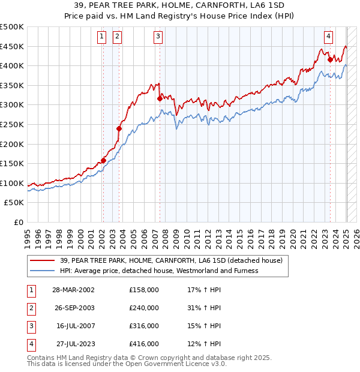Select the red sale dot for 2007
(160, 98)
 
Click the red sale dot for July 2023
(330, 59)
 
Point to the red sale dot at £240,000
(119, 128)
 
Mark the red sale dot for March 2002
(103, 160)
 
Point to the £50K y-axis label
(14, 203)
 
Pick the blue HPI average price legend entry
(159, 271)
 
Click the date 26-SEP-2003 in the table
(74, 308)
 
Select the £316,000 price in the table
(144, 326)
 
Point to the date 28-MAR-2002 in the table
(74, 290)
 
